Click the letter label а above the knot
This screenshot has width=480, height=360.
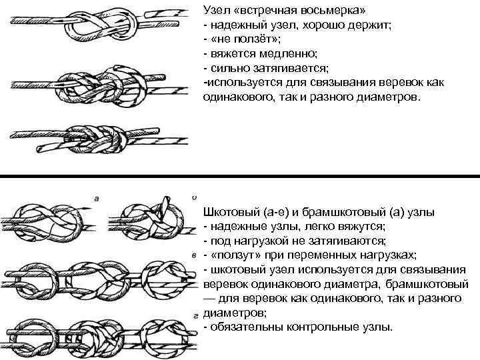[97, 198]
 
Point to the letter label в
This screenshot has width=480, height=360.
[193, 255]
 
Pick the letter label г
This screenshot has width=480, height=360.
[193, 313]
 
